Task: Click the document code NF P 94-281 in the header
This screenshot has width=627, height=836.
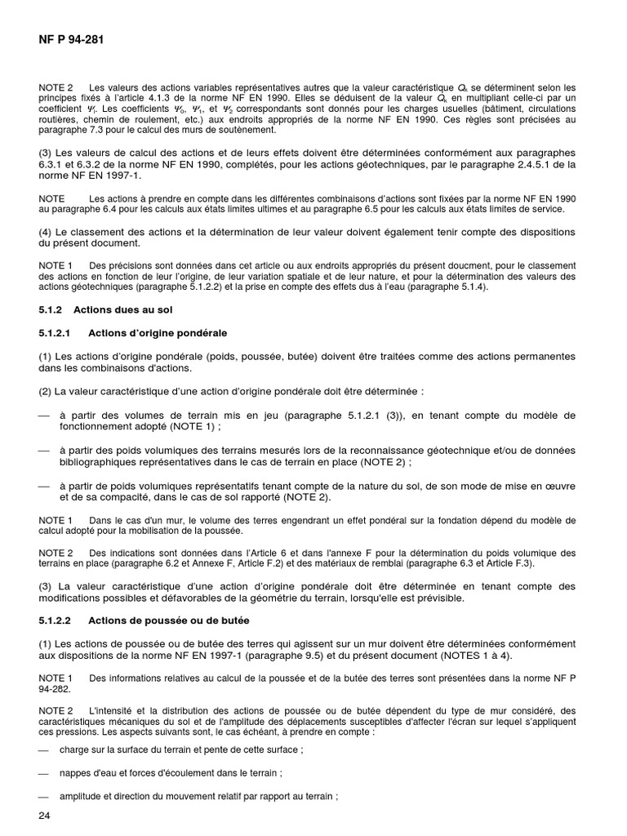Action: pyautogui.click(x=70, y=38)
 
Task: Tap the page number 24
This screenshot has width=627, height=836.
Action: pyautogui.click(x=45, y=816)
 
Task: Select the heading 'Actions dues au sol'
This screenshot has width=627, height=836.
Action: pyautogui.click(x=122, y=309)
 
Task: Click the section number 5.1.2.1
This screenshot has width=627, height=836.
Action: pyautogui.click(x=56, y=333)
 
